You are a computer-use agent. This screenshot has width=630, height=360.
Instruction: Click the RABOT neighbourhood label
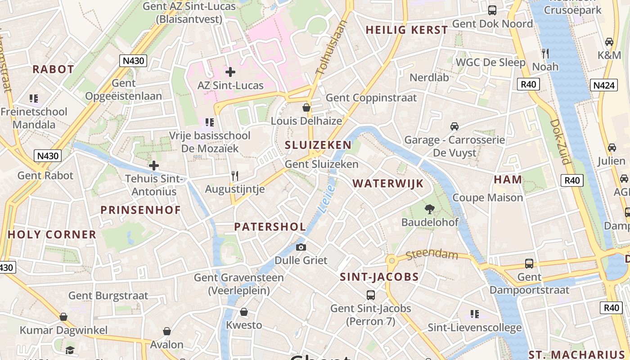point(53,69)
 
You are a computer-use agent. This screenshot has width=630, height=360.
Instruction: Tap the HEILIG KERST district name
point(407,30)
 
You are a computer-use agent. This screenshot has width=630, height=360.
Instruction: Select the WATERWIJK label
point(388,184)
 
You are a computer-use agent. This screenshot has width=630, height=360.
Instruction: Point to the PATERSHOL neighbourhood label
point(270,227)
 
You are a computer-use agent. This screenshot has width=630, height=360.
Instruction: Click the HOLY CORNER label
point(52,234)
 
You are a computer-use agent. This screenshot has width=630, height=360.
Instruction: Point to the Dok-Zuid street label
point(560,142)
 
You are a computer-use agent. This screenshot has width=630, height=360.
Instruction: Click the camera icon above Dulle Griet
point(301,247)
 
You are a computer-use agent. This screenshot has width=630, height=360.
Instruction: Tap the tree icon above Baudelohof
point(430,209)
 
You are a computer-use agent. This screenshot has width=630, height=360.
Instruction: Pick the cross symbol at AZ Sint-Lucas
point(230,72)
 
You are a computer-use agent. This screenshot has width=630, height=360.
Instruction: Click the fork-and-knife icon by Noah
point(545,54)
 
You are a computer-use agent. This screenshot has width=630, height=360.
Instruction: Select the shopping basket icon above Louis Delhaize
point(306,108)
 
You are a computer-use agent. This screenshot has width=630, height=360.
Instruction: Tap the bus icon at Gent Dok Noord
point(492,10)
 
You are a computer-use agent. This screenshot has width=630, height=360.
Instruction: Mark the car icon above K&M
point(609,42)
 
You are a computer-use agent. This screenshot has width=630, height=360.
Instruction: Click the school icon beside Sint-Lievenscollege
point(474,314)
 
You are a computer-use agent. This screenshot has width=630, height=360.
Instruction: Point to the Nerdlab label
point(429,77)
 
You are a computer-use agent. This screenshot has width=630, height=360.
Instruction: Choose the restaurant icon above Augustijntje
point(234,176)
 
